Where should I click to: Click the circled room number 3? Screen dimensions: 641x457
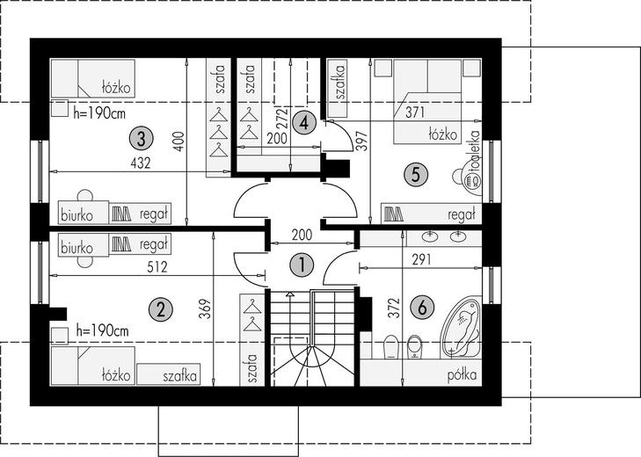(x=141, y=139)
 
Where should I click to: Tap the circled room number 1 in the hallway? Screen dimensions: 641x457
(x=302, y=265)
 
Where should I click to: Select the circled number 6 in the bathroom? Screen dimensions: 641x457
(x=422, y=308)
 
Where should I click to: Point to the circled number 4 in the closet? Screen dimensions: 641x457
(x=303, y=123)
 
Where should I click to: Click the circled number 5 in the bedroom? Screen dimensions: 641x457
(x=416, y=175)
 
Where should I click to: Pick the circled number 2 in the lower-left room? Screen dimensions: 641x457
(x=161, y=309)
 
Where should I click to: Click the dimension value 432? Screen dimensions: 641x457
(x=141, y=163)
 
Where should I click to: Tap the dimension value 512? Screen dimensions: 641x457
(x=157, y=267)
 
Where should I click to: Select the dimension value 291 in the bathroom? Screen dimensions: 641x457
(x=421, y=259)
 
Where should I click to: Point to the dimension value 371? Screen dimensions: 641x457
(x=415, y=112)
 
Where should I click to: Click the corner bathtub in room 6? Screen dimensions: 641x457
(x=461, y=328)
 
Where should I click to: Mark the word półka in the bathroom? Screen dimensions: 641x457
(x=462, y=375)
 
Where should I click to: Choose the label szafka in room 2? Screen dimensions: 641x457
(x=180, y=376)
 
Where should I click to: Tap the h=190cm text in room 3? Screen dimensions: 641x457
(x=99, y=113)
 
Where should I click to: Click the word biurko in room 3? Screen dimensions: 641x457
(x=76, y=215)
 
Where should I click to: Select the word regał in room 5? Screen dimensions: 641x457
(x=462, y=215)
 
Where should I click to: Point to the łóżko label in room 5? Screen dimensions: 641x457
(x=443, y=134)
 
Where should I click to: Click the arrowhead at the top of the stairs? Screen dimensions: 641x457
(x=290, y=294)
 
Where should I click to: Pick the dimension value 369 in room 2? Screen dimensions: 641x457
(x=206, y=309)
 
